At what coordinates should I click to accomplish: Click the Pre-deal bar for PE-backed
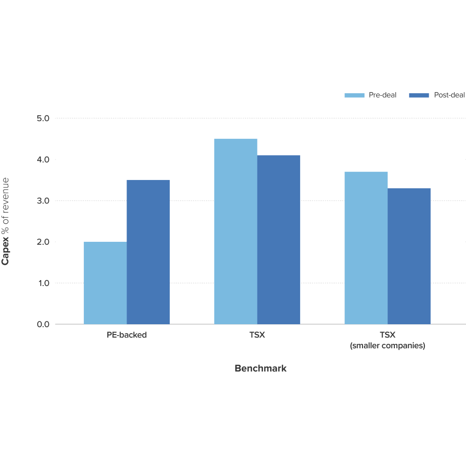(x=105, y=283)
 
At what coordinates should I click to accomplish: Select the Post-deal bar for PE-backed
(x=148, y=252)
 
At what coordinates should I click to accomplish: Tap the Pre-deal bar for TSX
(x=235, y=232)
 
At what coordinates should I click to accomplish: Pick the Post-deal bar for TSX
(x=279, y=240)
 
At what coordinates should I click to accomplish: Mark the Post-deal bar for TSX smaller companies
(x=409, y=256)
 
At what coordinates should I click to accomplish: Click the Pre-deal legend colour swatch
(x=354, y=95)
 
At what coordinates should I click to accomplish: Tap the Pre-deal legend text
(x=383, y=95)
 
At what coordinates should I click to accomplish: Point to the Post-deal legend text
(x=449, y=95)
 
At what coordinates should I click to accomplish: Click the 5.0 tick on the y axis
(x=43, y=118)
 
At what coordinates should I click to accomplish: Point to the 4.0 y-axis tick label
(x=43, y=159)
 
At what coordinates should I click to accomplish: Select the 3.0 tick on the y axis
(x=43, y=201)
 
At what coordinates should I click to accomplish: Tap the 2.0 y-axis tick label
(x=43, y=242)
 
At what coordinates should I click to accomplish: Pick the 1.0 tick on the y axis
(x=43, y=283)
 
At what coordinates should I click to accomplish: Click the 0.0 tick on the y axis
(x=43, y=324)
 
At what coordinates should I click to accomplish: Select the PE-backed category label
(x=127, y=336)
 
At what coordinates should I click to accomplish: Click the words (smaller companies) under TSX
(x=388, y=346)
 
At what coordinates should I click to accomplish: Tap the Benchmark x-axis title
(x=260, y=368)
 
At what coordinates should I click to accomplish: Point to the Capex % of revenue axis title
(x=6, y=221)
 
